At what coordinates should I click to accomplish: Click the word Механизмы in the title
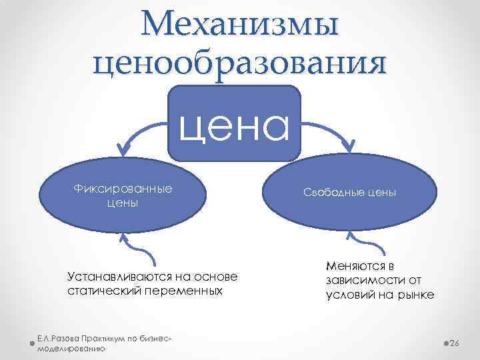[240, 25]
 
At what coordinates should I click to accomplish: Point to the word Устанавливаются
[117, 277]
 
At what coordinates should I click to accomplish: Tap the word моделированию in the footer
[71, 349]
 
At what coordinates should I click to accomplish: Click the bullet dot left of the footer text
[34, 344]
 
